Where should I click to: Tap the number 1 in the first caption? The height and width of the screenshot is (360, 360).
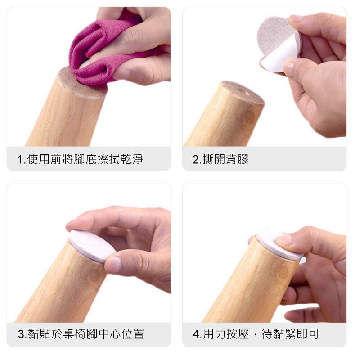tap(20, 160)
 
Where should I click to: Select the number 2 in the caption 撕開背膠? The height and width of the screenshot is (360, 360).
tap(195, 160)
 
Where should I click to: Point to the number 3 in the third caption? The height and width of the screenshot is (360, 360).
tap(21, 334)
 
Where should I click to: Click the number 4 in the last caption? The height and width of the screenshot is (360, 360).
tap(196, 334)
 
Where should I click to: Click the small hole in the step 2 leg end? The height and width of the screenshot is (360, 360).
tap(243, 91)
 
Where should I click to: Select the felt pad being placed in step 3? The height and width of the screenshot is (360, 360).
tap(92, 246)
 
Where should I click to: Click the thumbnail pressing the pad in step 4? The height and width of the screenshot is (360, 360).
tap(285, 239)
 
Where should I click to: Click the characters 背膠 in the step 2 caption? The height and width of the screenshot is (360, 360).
tap(237, 159)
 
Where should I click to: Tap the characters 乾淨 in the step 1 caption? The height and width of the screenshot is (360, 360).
tap(132, 159)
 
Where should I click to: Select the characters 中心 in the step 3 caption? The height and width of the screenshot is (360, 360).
tap(110, 334)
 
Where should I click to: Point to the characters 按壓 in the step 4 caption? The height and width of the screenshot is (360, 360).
tap(238, 334)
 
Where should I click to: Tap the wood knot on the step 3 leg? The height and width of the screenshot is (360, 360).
tap(94, 274)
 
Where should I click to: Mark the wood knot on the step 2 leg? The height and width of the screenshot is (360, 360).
tap(248, 117)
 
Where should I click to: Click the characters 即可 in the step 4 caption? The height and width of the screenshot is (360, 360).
tap(308, 334)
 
